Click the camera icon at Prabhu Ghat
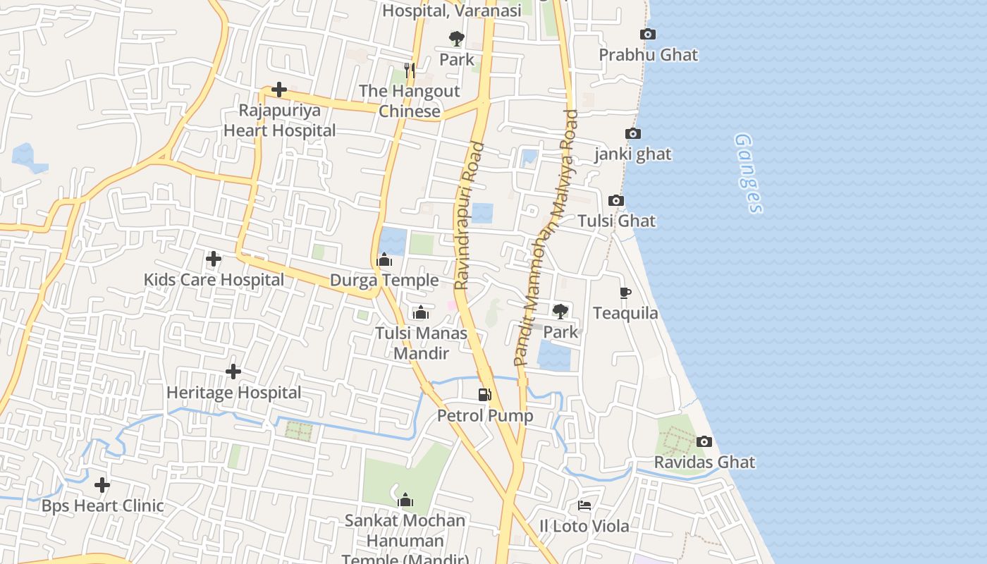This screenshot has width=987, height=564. click(x=647, y=34)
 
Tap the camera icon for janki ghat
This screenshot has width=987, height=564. click(x=633, y=133)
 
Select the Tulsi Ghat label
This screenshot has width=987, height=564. click(x=616, y=221)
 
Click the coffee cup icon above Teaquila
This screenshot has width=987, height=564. click(x=625, y=293)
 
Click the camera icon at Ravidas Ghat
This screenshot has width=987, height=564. click(x=704, y=442)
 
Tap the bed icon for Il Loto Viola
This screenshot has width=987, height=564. click(x=584, y=505)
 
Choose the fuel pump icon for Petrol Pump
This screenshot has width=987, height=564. click(x=484, y=394)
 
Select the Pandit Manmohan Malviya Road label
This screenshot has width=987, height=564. click(x=546, y=238)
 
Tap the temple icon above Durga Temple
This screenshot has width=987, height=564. click(x=384, y=260)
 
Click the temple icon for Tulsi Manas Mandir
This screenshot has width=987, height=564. click(x=421, y=312)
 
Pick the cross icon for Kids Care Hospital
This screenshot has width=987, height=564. click(x=213, y=259)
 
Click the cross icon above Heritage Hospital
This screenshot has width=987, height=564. click(x=233, y=372)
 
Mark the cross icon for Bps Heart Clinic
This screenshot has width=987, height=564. click(x=102, y=485)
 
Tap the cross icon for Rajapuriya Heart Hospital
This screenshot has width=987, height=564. click(x=279, y=90)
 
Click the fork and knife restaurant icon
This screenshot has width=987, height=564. click(x=409, y=70)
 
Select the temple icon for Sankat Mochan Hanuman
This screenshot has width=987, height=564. click(x=405, y=501)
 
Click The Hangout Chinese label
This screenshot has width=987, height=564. click(x=410, y=101)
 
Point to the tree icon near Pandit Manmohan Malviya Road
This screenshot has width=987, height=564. click(x=560, y=311)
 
